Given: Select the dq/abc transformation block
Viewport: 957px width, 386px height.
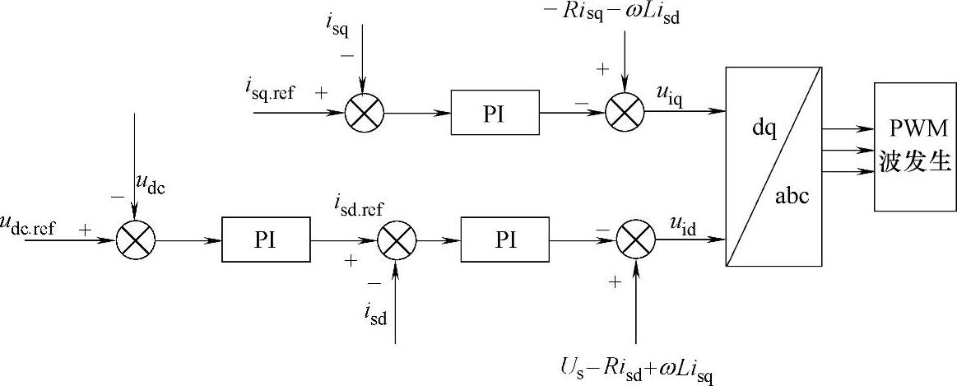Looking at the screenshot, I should pyautogui.click(x=773, y=167).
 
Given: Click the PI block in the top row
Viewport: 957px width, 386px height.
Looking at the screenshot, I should pyautogui.click(x=495, y=111).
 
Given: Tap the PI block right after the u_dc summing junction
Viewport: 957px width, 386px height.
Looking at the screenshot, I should pyautogui.click(x=266, y=240).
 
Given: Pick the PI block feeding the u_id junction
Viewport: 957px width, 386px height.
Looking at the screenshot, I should pyautogui.click(x=505, y=240).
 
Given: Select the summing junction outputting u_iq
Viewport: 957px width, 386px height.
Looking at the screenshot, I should pyautogui.click(x=624, y=112).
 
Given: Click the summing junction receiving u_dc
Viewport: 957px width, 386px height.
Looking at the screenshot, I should pyautogui.click(x=135, y=240).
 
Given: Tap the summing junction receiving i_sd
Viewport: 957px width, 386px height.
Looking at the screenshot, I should pyautogui.click(x=397, y=240).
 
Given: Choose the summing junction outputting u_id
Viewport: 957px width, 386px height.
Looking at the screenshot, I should pyautogui.click(x=635, y=240).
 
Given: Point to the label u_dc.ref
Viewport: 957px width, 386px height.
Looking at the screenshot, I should pyautogui.click(x=29, y=226).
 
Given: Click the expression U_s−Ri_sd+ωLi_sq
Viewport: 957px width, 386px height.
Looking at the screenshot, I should pyautogui.click(x=634, y=370).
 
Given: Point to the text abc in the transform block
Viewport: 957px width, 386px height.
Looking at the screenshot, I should pyautogui.click(x=793, y=197).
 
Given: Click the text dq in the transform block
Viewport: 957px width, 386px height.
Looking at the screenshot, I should pyautogui.click(x=764, y=132).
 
